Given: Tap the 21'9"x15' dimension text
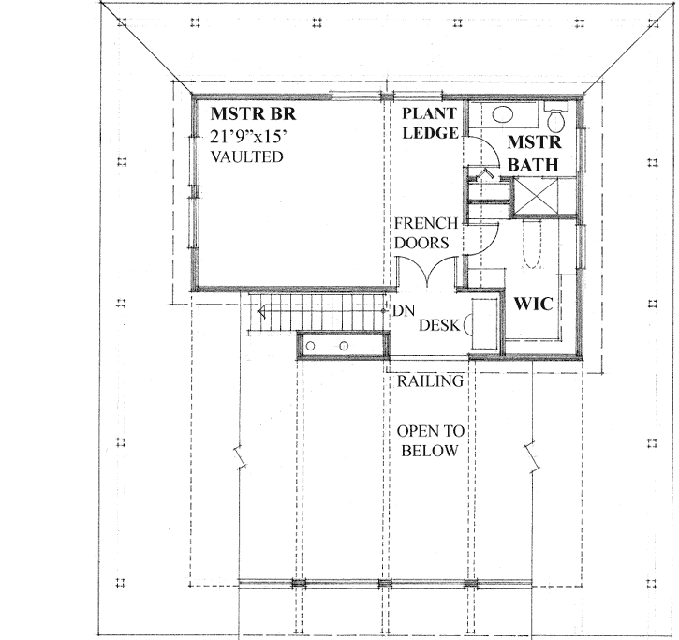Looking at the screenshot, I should (251, 137).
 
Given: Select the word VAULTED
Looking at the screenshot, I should (245, 157).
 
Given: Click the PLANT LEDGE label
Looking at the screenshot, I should (430, 124).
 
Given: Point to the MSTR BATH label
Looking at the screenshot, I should (533, 154).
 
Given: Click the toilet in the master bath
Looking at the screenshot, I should (554, 120).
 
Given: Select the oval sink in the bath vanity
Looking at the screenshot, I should (503, 116).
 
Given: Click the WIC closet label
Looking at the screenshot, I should (529, 305).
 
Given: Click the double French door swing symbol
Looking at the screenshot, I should (426, 273).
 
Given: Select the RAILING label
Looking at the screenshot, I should (430, 381).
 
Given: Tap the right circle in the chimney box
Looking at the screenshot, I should (344, 346).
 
